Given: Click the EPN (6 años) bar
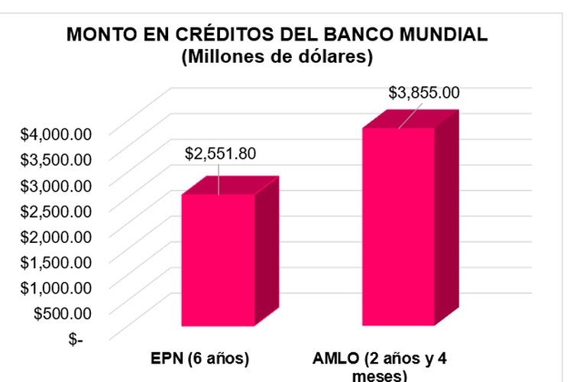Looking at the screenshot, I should point(218,260).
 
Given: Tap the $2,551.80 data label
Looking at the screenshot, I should point(220,154).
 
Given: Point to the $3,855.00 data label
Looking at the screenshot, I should point(424,93).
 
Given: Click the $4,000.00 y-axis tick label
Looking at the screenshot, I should point(56,134).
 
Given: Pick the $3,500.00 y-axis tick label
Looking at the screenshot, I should point(56,159).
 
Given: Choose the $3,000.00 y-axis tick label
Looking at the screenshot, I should point(56,185).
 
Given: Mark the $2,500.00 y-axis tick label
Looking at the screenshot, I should point(56,210).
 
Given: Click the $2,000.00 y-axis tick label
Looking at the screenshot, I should point(56,236).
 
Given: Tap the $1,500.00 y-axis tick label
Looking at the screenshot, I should point(56,262).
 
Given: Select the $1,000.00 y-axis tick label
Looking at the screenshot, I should point(56,287).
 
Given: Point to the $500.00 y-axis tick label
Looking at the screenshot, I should point(61,312).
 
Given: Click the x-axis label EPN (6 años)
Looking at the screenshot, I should point(200,358).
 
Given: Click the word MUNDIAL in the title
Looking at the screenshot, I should point(444,35).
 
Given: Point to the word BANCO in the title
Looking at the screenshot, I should point(358,35).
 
